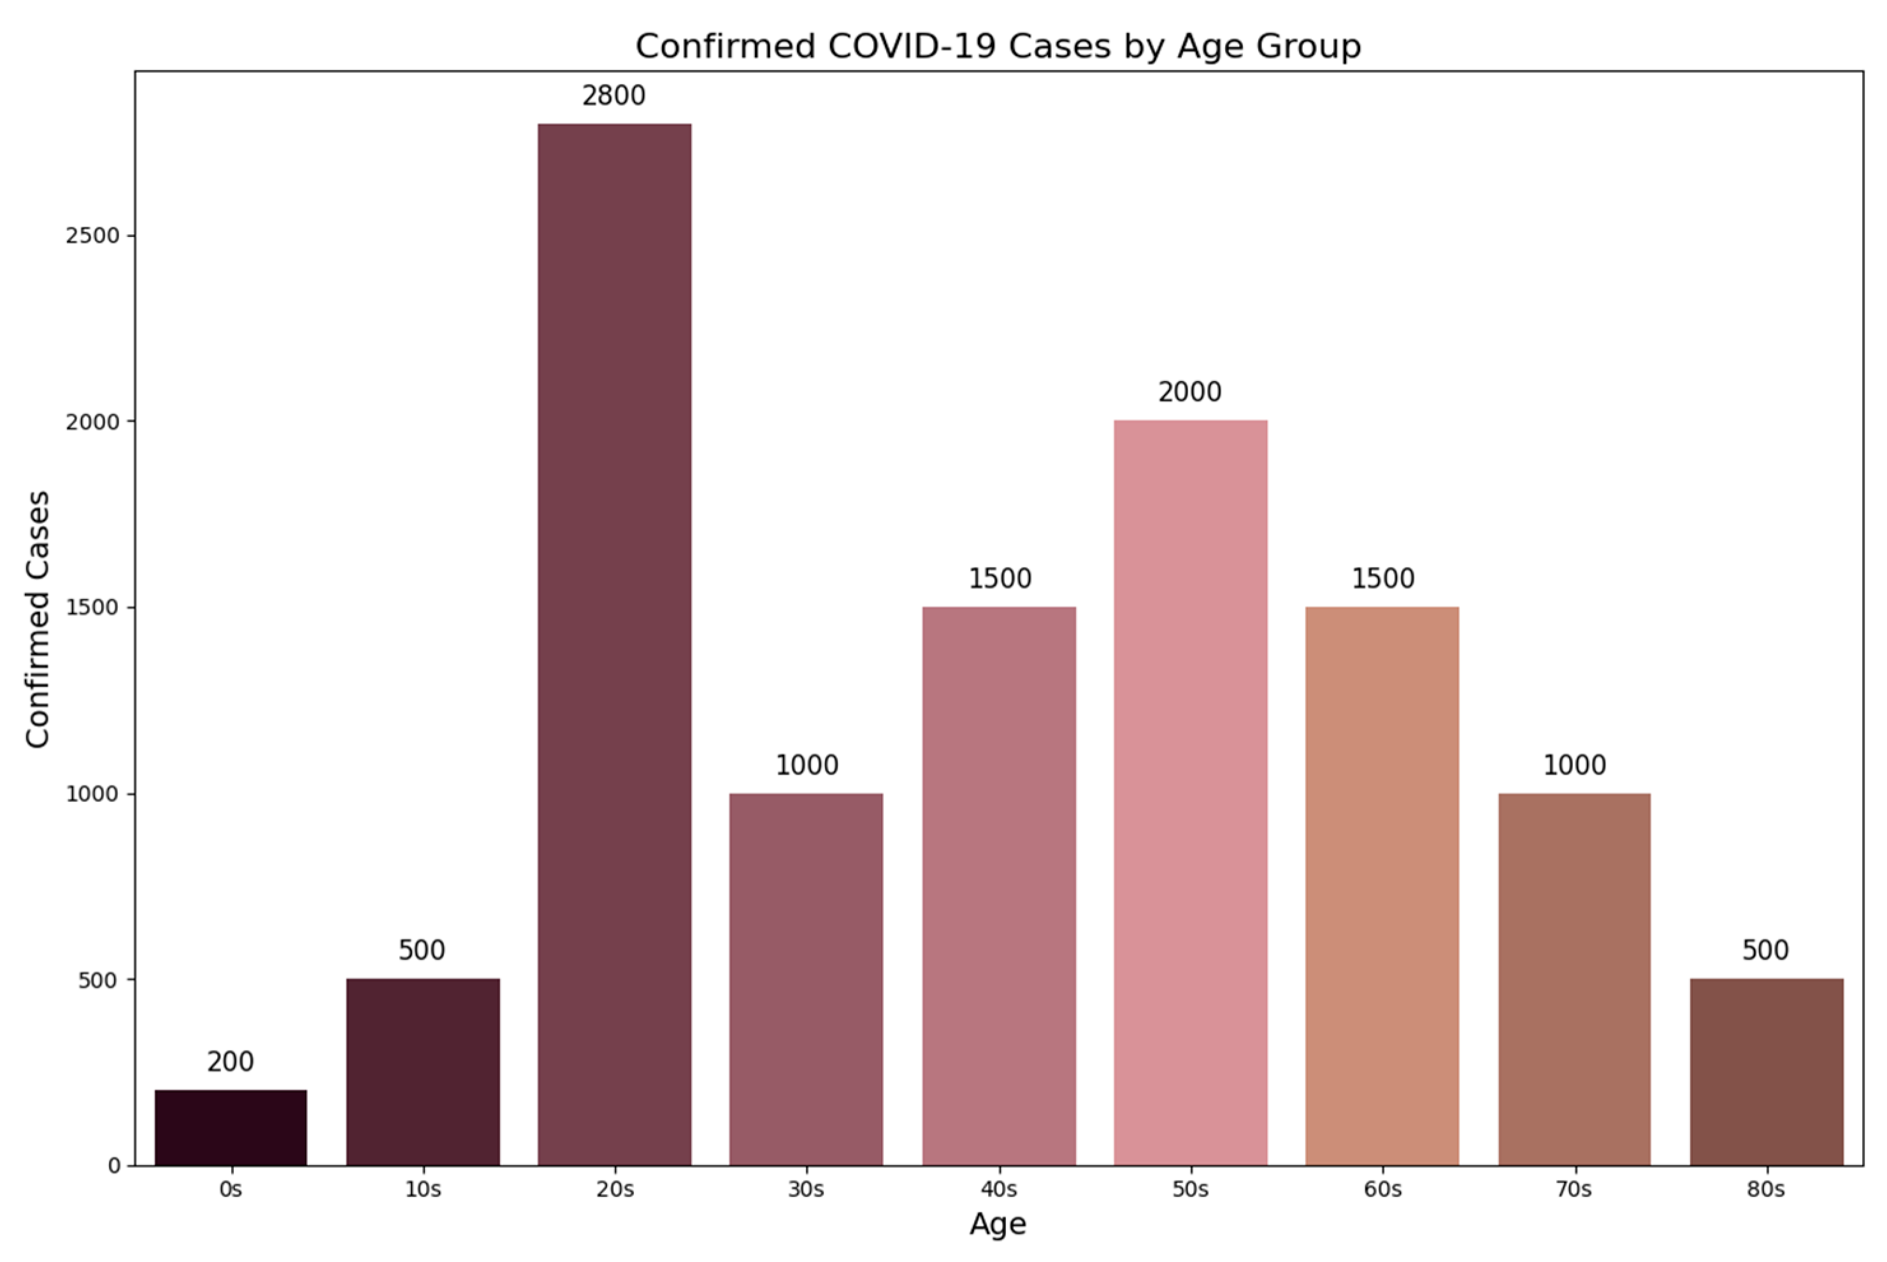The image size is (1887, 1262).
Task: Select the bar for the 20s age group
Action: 614,644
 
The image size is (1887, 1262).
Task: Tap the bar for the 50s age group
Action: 1190,792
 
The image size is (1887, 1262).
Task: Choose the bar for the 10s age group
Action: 422,1072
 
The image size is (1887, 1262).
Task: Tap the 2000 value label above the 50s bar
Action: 1189,392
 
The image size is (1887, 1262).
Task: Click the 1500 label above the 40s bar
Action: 999,578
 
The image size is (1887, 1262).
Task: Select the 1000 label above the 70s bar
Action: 1574,764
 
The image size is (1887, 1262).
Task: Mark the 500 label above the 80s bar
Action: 1765,950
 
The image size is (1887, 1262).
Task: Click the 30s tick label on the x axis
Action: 805,1189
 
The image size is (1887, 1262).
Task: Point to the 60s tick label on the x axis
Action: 1382,1189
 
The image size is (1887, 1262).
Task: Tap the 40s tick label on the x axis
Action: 999,1189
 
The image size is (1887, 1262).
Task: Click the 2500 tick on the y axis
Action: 92,236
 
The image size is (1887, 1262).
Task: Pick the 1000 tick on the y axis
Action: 92,794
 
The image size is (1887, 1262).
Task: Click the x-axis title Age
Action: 998,1224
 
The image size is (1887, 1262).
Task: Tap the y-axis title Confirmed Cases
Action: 38,619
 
